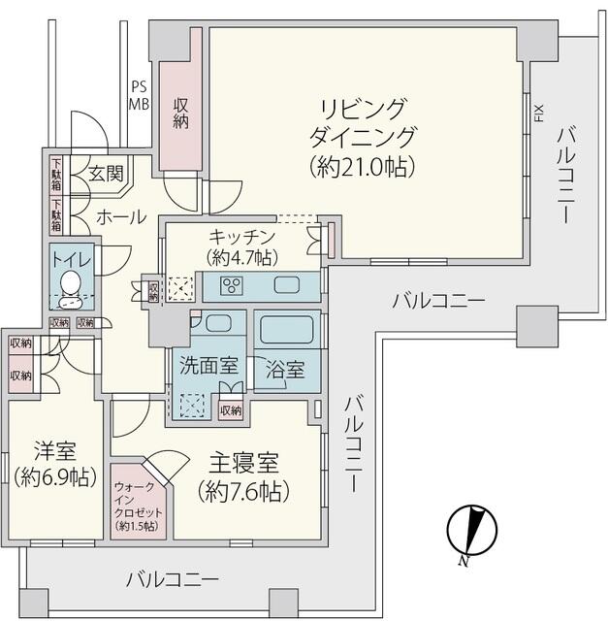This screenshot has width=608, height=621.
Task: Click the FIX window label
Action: (538, 115)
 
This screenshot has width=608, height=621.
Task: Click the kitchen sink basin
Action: (289, 285)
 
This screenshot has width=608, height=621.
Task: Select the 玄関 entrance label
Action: (106, 175)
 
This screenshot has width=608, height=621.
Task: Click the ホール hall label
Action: (120, 215)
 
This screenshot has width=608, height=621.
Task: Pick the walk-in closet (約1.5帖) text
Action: (139, 505)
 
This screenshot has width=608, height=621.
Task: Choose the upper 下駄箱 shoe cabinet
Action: (57, 173)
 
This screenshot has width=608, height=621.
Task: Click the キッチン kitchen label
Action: (242, 237)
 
